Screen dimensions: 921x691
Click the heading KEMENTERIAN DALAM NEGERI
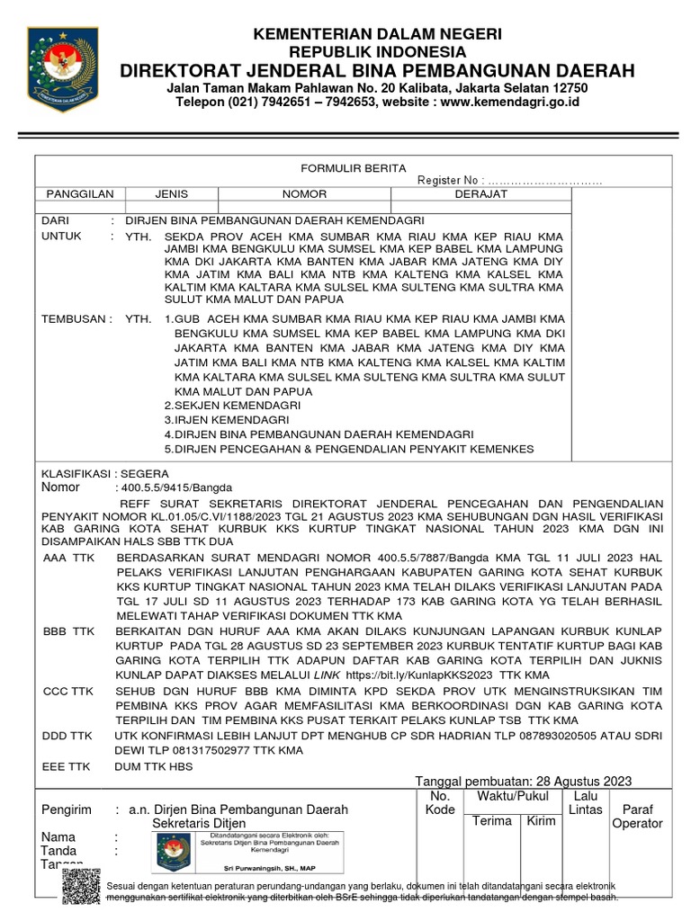(378, 33)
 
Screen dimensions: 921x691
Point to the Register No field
(509, 182)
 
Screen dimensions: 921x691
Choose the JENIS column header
(171, 194)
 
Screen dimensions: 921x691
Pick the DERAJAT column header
(481, 194)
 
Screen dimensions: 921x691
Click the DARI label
(56, 220)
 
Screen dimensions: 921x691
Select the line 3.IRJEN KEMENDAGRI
(226, 420)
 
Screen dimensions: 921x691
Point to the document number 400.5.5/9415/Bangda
(169, 487)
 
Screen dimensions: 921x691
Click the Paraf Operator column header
(637, 816)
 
